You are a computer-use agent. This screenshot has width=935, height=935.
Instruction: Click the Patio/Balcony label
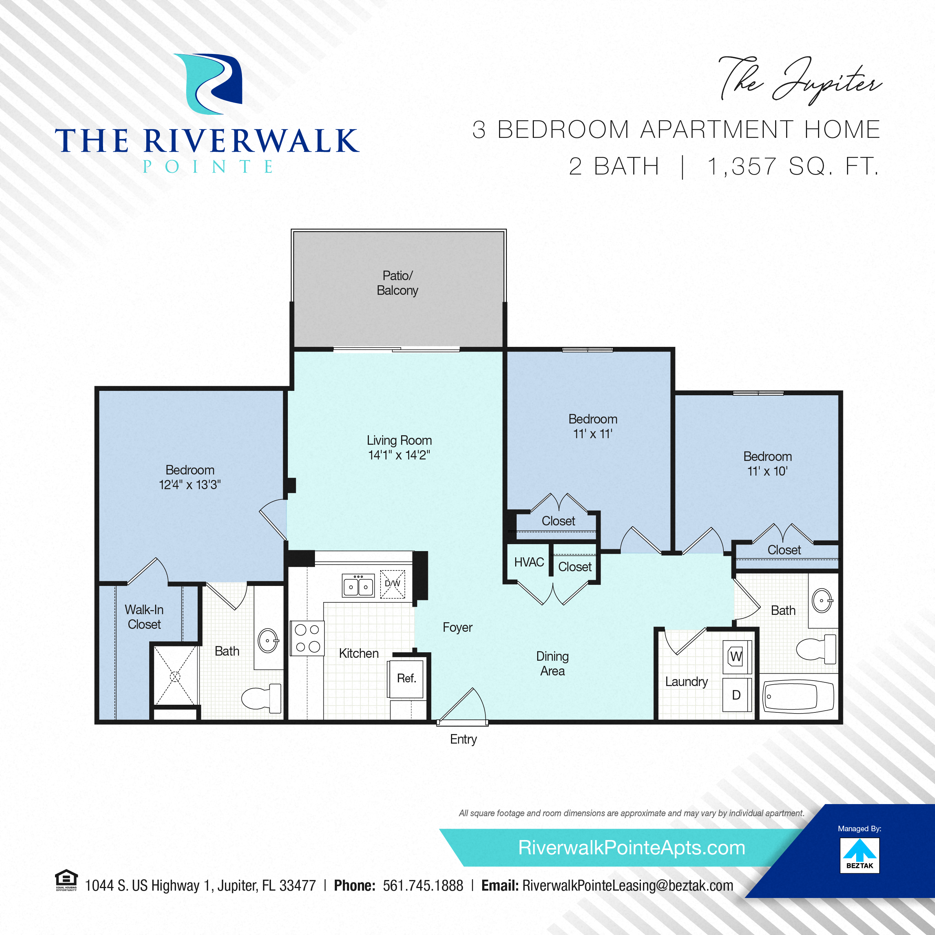pos(397,283)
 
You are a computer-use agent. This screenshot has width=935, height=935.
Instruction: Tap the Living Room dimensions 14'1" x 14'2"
pos(399,455)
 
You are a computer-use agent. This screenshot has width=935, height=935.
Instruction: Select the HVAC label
pos(529,562)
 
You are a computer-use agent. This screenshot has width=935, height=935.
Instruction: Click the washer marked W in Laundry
pos(736,657)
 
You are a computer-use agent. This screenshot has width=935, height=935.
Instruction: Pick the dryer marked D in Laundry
pos(737,694)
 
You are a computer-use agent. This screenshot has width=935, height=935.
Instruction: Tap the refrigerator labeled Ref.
pos(407,678)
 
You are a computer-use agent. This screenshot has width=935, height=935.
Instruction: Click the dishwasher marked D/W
pos(392,584)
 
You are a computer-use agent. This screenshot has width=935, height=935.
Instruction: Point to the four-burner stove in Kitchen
pos(307,638)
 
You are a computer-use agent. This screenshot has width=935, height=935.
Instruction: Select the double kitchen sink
pos(358,586)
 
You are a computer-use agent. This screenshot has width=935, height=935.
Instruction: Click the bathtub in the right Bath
pos(798,697)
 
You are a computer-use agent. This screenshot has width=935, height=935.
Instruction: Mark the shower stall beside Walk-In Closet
pos(176,676)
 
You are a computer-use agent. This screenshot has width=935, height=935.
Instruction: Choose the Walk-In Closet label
pos(144,617)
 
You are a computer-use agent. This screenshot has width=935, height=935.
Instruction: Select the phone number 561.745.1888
pos(423,885)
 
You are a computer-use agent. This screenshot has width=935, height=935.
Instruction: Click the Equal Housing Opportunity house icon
pos(66,879)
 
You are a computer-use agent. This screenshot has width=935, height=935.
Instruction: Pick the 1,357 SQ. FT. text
pos(793,166)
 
